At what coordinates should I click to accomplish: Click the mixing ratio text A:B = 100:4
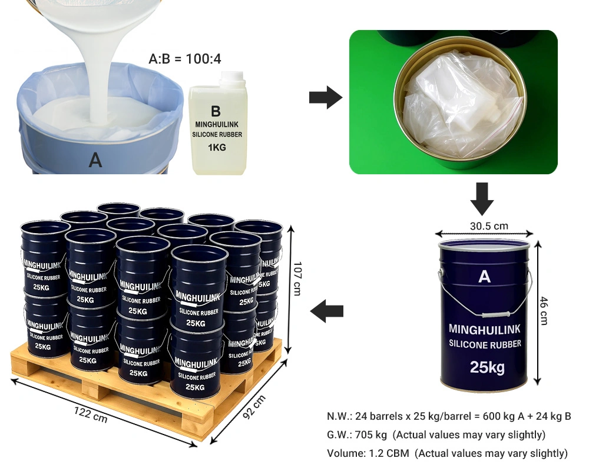coord(185,59)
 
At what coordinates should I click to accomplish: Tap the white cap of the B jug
coord(233,77)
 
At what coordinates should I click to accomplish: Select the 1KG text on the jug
coord(217,147)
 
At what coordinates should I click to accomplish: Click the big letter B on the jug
coord(216,111)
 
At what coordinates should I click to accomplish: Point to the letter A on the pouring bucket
coord(95,160)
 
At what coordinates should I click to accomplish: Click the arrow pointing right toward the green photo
coord(326,98)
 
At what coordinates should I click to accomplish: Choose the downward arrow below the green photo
coord(482,198)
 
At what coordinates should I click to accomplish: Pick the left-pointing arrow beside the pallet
coord(327,311)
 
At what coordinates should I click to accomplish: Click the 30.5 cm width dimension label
coord(489,226)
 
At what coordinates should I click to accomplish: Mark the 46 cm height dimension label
coord(544,311)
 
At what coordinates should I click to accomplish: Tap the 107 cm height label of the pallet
coord(297,278)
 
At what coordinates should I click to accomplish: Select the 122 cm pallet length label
coord(91,414)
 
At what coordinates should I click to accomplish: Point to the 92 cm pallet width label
coord(254,407)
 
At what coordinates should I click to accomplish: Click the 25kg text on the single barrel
coord(487,367)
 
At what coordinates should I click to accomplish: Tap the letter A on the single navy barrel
coord(485,277)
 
